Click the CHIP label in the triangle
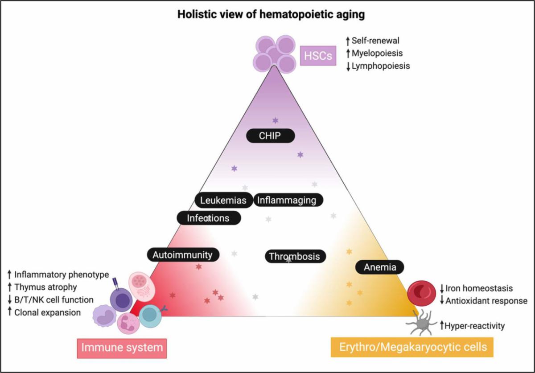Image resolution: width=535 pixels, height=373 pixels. click(271, 135)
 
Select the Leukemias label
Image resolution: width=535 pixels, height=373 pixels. click(223, 201)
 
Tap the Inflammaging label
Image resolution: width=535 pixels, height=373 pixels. click(288, 201)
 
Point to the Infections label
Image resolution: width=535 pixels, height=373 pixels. click(209, 218)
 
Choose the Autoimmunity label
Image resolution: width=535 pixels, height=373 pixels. click(182, 255)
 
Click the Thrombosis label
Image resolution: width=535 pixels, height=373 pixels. click(295, 256)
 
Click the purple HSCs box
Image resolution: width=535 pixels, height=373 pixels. click(317, 56)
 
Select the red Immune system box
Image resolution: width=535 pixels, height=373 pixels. click(122, 347)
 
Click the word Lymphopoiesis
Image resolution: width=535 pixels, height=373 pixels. click(380, 66)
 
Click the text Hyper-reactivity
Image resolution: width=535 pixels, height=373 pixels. click(475, 326)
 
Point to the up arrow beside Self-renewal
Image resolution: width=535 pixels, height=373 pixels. click(347, 41)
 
